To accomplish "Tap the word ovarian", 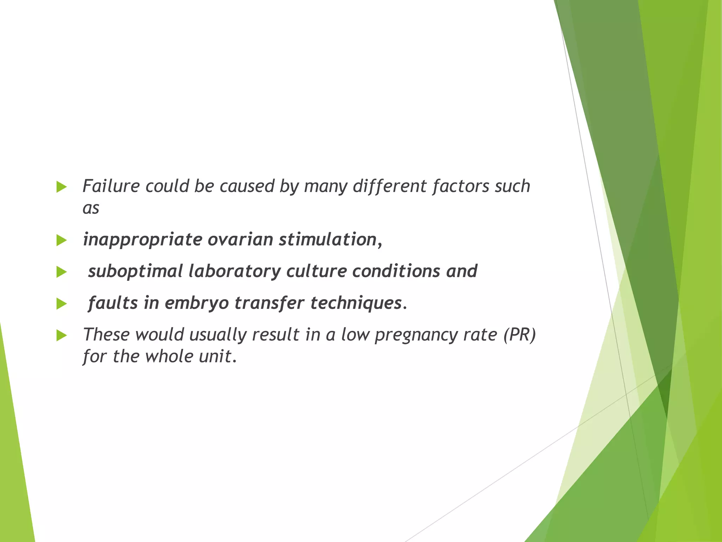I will [x=240, y=240].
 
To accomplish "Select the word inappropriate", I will [x=142, y=240].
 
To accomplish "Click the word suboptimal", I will [x=135, y=271].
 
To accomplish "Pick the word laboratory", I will [x=234, y=271].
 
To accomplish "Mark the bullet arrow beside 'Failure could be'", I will [x=61, y=187].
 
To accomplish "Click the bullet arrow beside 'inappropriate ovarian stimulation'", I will [x=61, y=241].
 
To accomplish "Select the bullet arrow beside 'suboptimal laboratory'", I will [x=61, y=272].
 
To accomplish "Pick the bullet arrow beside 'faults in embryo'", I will [x=61, y=304].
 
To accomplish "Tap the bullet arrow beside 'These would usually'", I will [x=61, y=336].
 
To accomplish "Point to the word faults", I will [x=113, y=303].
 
